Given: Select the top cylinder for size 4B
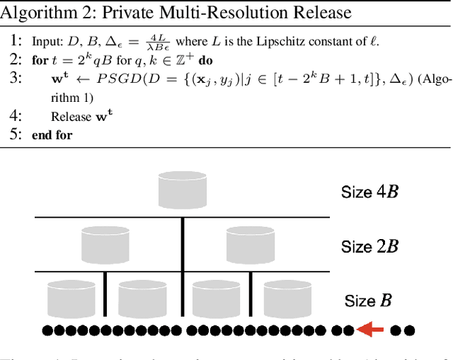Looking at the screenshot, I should click(183, 190).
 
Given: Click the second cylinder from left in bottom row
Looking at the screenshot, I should click(142, 298).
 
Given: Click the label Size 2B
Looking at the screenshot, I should click(369, 246).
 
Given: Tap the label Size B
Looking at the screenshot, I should click(368, 301).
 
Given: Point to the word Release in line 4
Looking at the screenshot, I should click(71, 116).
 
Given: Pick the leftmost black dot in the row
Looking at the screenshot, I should click(46, 330).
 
